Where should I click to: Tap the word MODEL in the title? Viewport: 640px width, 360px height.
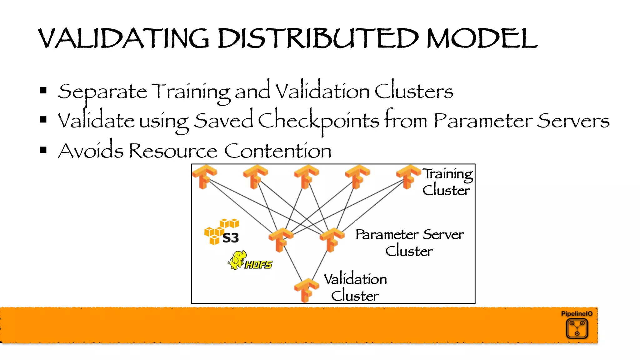482,38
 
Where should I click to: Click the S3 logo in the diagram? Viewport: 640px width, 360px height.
222,232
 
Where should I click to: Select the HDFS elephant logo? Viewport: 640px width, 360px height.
250,261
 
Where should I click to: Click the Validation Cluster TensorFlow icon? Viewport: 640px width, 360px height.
306,290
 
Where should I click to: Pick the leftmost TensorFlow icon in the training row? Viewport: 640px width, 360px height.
204,177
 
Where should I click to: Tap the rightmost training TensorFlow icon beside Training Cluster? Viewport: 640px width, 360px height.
408,177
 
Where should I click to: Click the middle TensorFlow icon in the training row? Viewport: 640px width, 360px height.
306,177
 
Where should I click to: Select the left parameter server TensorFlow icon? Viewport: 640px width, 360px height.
281,240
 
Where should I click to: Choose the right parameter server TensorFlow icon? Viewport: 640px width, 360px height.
332,240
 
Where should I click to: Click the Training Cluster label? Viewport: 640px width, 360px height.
447,182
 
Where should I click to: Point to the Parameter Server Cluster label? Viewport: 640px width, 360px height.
409,243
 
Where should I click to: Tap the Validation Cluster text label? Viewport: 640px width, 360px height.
355,287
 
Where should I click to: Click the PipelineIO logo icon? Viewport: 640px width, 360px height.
577,328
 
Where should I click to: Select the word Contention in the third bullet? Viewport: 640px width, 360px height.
277,151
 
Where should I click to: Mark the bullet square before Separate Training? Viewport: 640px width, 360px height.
43,91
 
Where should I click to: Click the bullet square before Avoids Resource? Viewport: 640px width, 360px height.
43,150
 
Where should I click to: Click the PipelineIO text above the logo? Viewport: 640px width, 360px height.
577,314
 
